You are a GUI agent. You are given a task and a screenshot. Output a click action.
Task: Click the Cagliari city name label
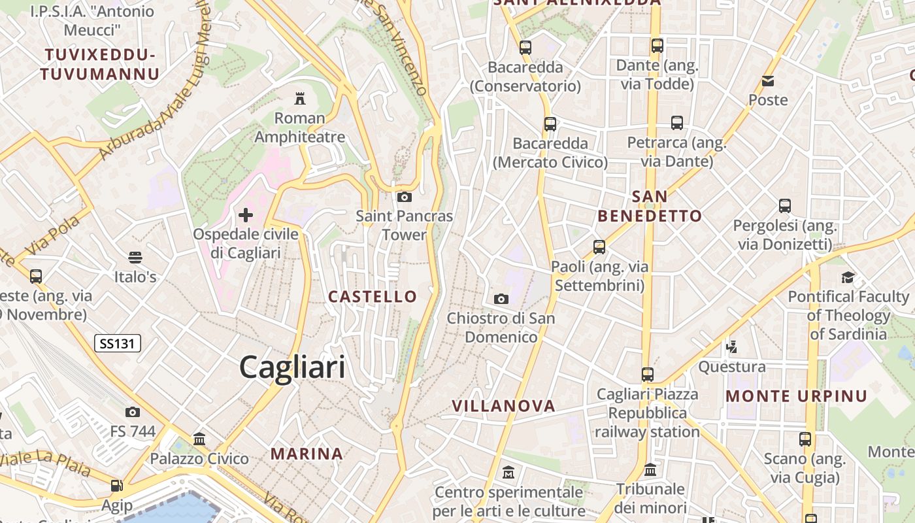click(x=292, y=367)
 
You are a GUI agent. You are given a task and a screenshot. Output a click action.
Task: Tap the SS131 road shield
click(x=118, y=343)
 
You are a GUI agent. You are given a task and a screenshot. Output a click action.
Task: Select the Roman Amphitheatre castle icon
click(x=300, y=99)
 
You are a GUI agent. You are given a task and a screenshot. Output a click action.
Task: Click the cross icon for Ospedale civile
click(x=246, y=214)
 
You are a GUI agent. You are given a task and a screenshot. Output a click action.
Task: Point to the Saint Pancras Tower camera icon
click(x=405, y=196)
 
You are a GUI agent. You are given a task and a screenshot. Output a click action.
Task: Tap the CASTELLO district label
click(x=373, y=296)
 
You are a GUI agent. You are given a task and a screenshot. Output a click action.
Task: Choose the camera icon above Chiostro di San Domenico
click(x=501, y=299)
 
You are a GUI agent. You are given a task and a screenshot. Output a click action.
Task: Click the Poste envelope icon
click(x=768, y=81)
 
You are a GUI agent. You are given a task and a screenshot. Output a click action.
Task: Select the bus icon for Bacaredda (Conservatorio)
click(x=525, y=47)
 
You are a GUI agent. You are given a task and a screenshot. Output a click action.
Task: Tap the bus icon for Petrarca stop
click(x=677, y=122)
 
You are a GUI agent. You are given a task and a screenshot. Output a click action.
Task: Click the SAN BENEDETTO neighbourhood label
click(x=650, y=206)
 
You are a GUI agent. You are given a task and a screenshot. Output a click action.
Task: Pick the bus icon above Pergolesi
click(x=785, y=206)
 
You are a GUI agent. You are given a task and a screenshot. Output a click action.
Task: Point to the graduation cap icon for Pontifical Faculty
click(x=848, y=277)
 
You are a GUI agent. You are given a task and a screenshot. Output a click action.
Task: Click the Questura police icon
click(x=732, y=346)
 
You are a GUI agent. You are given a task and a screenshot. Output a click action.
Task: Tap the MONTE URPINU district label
click(x=797, y=396)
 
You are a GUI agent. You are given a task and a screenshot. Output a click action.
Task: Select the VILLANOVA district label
click(x=504, y=406)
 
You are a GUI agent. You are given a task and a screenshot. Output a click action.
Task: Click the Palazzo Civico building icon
click(x=199, y=439)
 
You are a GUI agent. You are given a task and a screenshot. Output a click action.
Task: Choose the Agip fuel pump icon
click(x=117, y=486)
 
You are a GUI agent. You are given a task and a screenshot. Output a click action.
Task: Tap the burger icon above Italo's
click(x=135, y=257)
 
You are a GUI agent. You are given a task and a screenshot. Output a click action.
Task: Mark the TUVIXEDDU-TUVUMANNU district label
click(x=100, y=64)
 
